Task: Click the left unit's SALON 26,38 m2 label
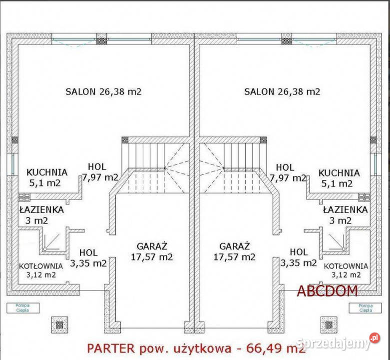103,91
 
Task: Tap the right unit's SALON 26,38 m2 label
282,91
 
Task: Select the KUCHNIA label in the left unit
47,173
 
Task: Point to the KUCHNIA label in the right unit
339,173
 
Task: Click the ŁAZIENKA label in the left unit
41,209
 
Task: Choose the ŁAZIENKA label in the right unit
345,209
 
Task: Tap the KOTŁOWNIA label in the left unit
41,266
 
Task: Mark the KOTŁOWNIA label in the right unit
346,266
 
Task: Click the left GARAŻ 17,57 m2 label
151,251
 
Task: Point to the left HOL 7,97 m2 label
99,172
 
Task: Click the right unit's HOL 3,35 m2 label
299,257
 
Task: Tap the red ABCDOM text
327,290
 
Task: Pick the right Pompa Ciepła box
366,307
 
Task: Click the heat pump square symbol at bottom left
59,324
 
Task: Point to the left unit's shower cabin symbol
50,241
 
